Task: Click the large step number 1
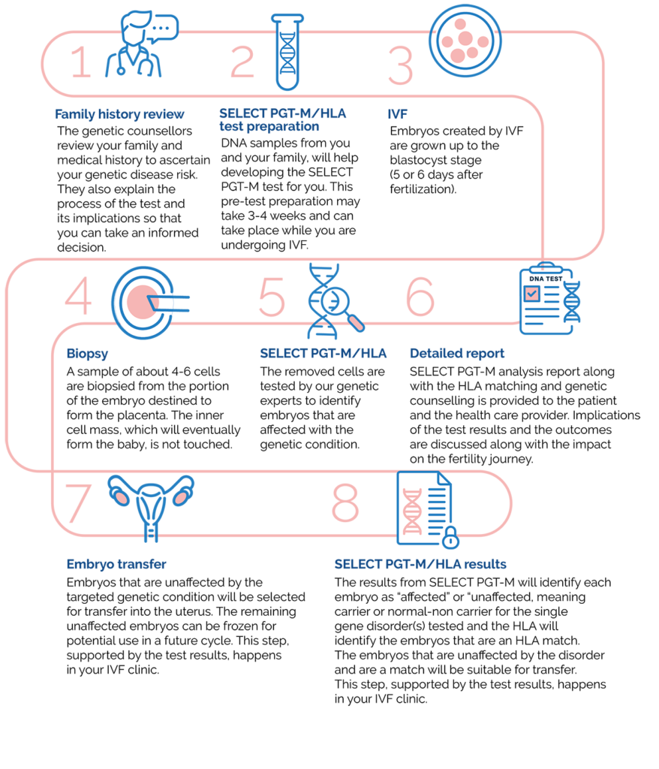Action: [x=81, y=62]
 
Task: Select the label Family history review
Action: [x=119, y=115]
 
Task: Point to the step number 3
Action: [x=400, y=66]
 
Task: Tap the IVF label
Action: [x=398, y=115]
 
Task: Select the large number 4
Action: [x=78, y=297]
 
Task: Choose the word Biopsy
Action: [x=87, y=353]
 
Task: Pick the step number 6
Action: [x=420, y=297]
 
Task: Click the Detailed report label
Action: [x=457, y=353]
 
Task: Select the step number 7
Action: [x=78, y=504]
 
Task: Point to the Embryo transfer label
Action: [x=116, y=564]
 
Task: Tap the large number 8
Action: [x=345, y=504]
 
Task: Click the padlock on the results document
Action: [x=450, y=538]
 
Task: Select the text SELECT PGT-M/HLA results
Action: [x=420, y=564]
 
